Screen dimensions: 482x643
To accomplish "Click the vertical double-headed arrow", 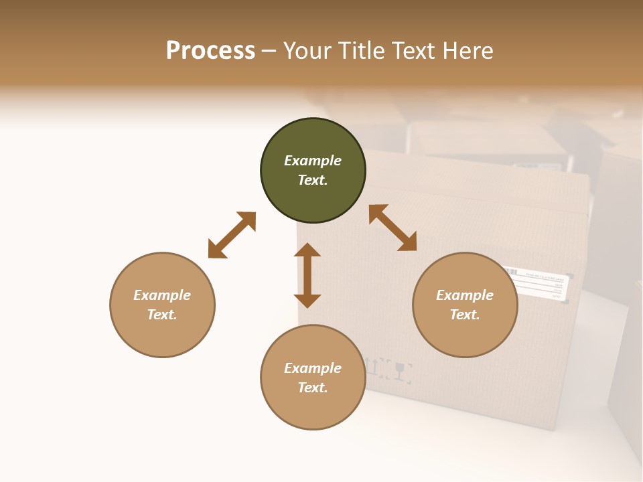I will click(x=307, y=275).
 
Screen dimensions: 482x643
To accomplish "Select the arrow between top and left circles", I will click(x=232, y=235).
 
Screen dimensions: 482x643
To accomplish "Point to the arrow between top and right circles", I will click(x=393, y=228).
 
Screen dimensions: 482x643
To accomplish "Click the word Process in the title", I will click(x=210, y=50).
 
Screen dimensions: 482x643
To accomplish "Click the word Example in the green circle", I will click(x=313, y=161).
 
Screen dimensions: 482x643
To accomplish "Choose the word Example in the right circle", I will click(x=465, y=295).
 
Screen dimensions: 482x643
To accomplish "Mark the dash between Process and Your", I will click(x=269, y=51).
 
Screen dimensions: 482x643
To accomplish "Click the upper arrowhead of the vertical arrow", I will click(x=307, y=250).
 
